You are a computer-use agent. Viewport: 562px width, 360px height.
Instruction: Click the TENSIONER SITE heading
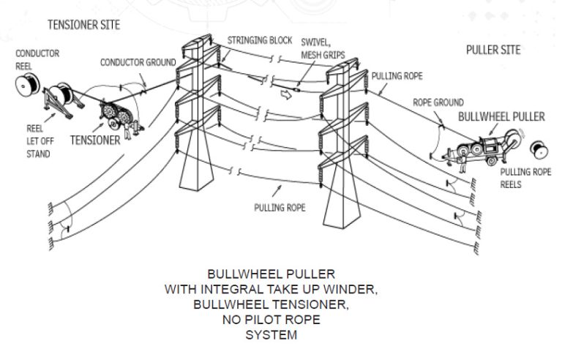tap(83, 25)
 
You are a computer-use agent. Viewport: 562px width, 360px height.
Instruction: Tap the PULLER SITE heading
tap(493, 50)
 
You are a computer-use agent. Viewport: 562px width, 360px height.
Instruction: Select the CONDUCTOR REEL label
tap(37, 59)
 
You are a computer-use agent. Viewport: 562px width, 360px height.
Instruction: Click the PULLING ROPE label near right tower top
tap(397, 75)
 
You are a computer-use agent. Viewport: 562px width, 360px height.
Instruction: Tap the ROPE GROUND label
tap(438, 103)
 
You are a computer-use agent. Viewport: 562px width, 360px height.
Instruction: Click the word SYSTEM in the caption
tap(281, 336)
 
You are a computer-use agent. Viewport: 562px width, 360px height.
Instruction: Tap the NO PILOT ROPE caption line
tap(281, 320)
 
